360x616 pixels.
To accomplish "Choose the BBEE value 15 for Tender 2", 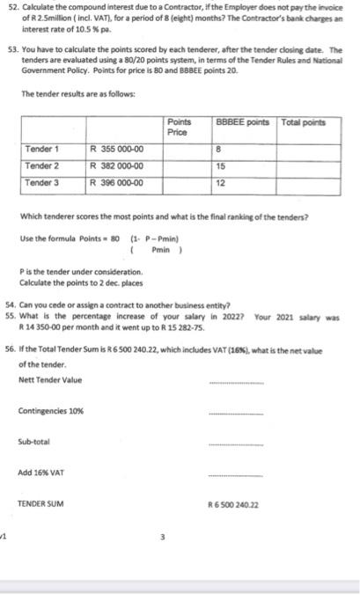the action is click(220, 165).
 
